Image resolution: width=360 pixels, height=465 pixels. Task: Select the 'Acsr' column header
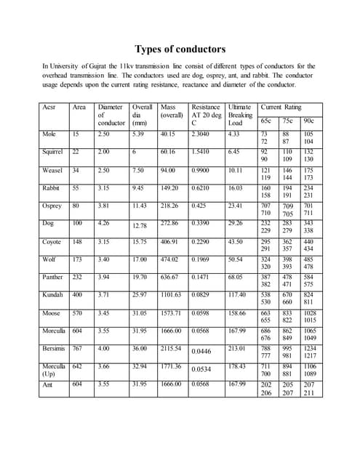click(49, 107)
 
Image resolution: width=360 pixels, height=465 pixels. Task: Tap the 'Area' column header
click(79, 107)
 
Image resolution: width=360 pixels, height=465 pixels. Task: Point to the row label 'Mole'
click(49, 134)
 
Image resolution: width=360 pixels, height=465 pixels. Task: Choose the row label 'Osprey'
click(52, 206)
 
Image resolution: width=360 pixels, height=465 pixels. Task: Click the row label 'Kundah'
click(53, 295)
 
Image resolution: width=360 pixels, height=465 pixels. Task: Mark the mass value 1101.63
click(173, 295)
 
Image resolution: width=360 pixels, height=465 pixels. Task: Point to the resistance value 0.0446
click(204, 352)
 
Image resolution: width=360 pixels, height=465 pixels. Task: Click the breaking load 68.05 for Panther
click(236, 277)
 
